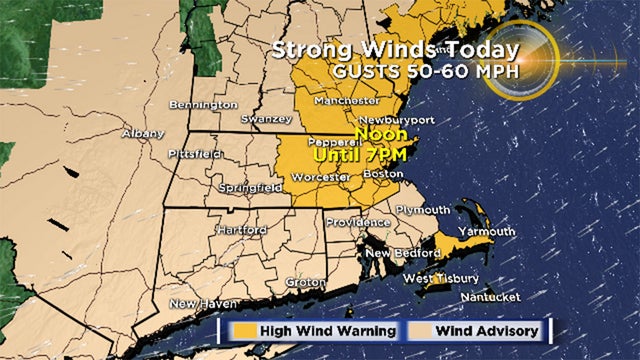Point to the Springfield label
click(244, 187)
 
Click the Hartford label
click(242, 230)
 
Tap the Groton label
click(305, 282)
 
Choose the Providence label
click(357, 221)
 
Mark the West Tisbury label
click(441, 277)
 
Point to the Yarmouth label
click(488, 231)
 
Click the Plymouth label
click(424, 210)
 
